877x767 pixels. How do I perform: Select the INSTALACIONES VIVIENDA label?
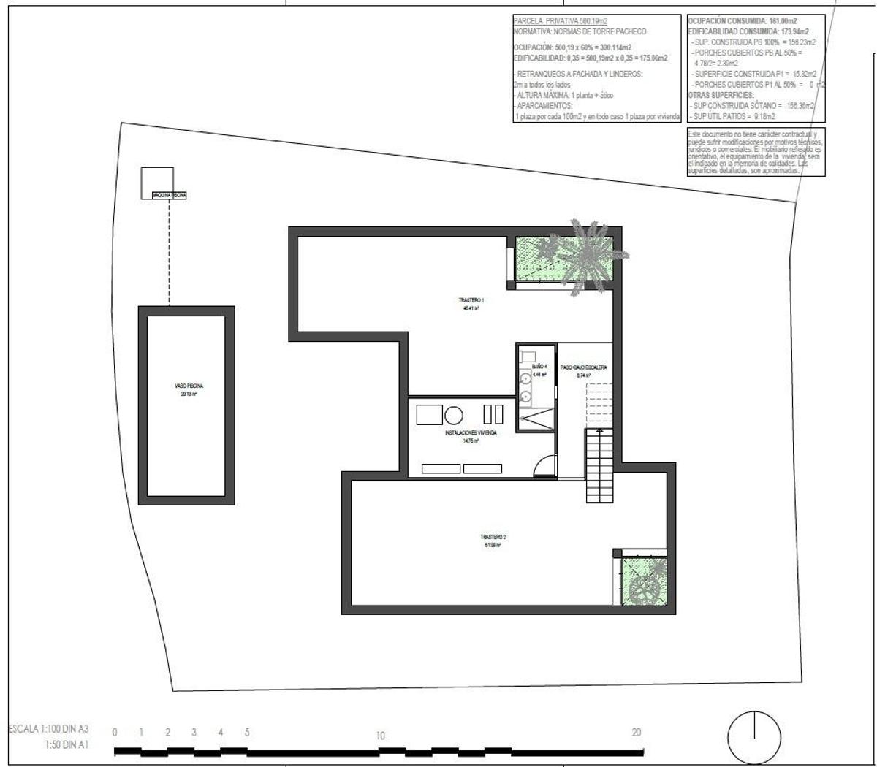pos(471,436)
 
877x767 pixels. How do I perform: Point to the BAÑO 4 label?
pos(539,370)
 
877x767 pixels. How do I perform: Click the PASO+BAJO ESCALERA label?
pos(583,370)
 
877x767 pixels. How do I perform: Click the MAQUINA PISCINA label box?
pos(168,196)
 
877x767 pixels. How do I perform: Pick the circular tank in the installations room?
pos(454,416)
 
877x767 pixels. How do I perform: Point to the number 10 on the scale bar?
pos(380,736)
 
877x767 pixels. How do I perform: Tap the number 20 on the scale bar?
pos(637,732)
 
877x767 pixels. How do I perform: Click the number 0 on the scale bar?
pos(115,732)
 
